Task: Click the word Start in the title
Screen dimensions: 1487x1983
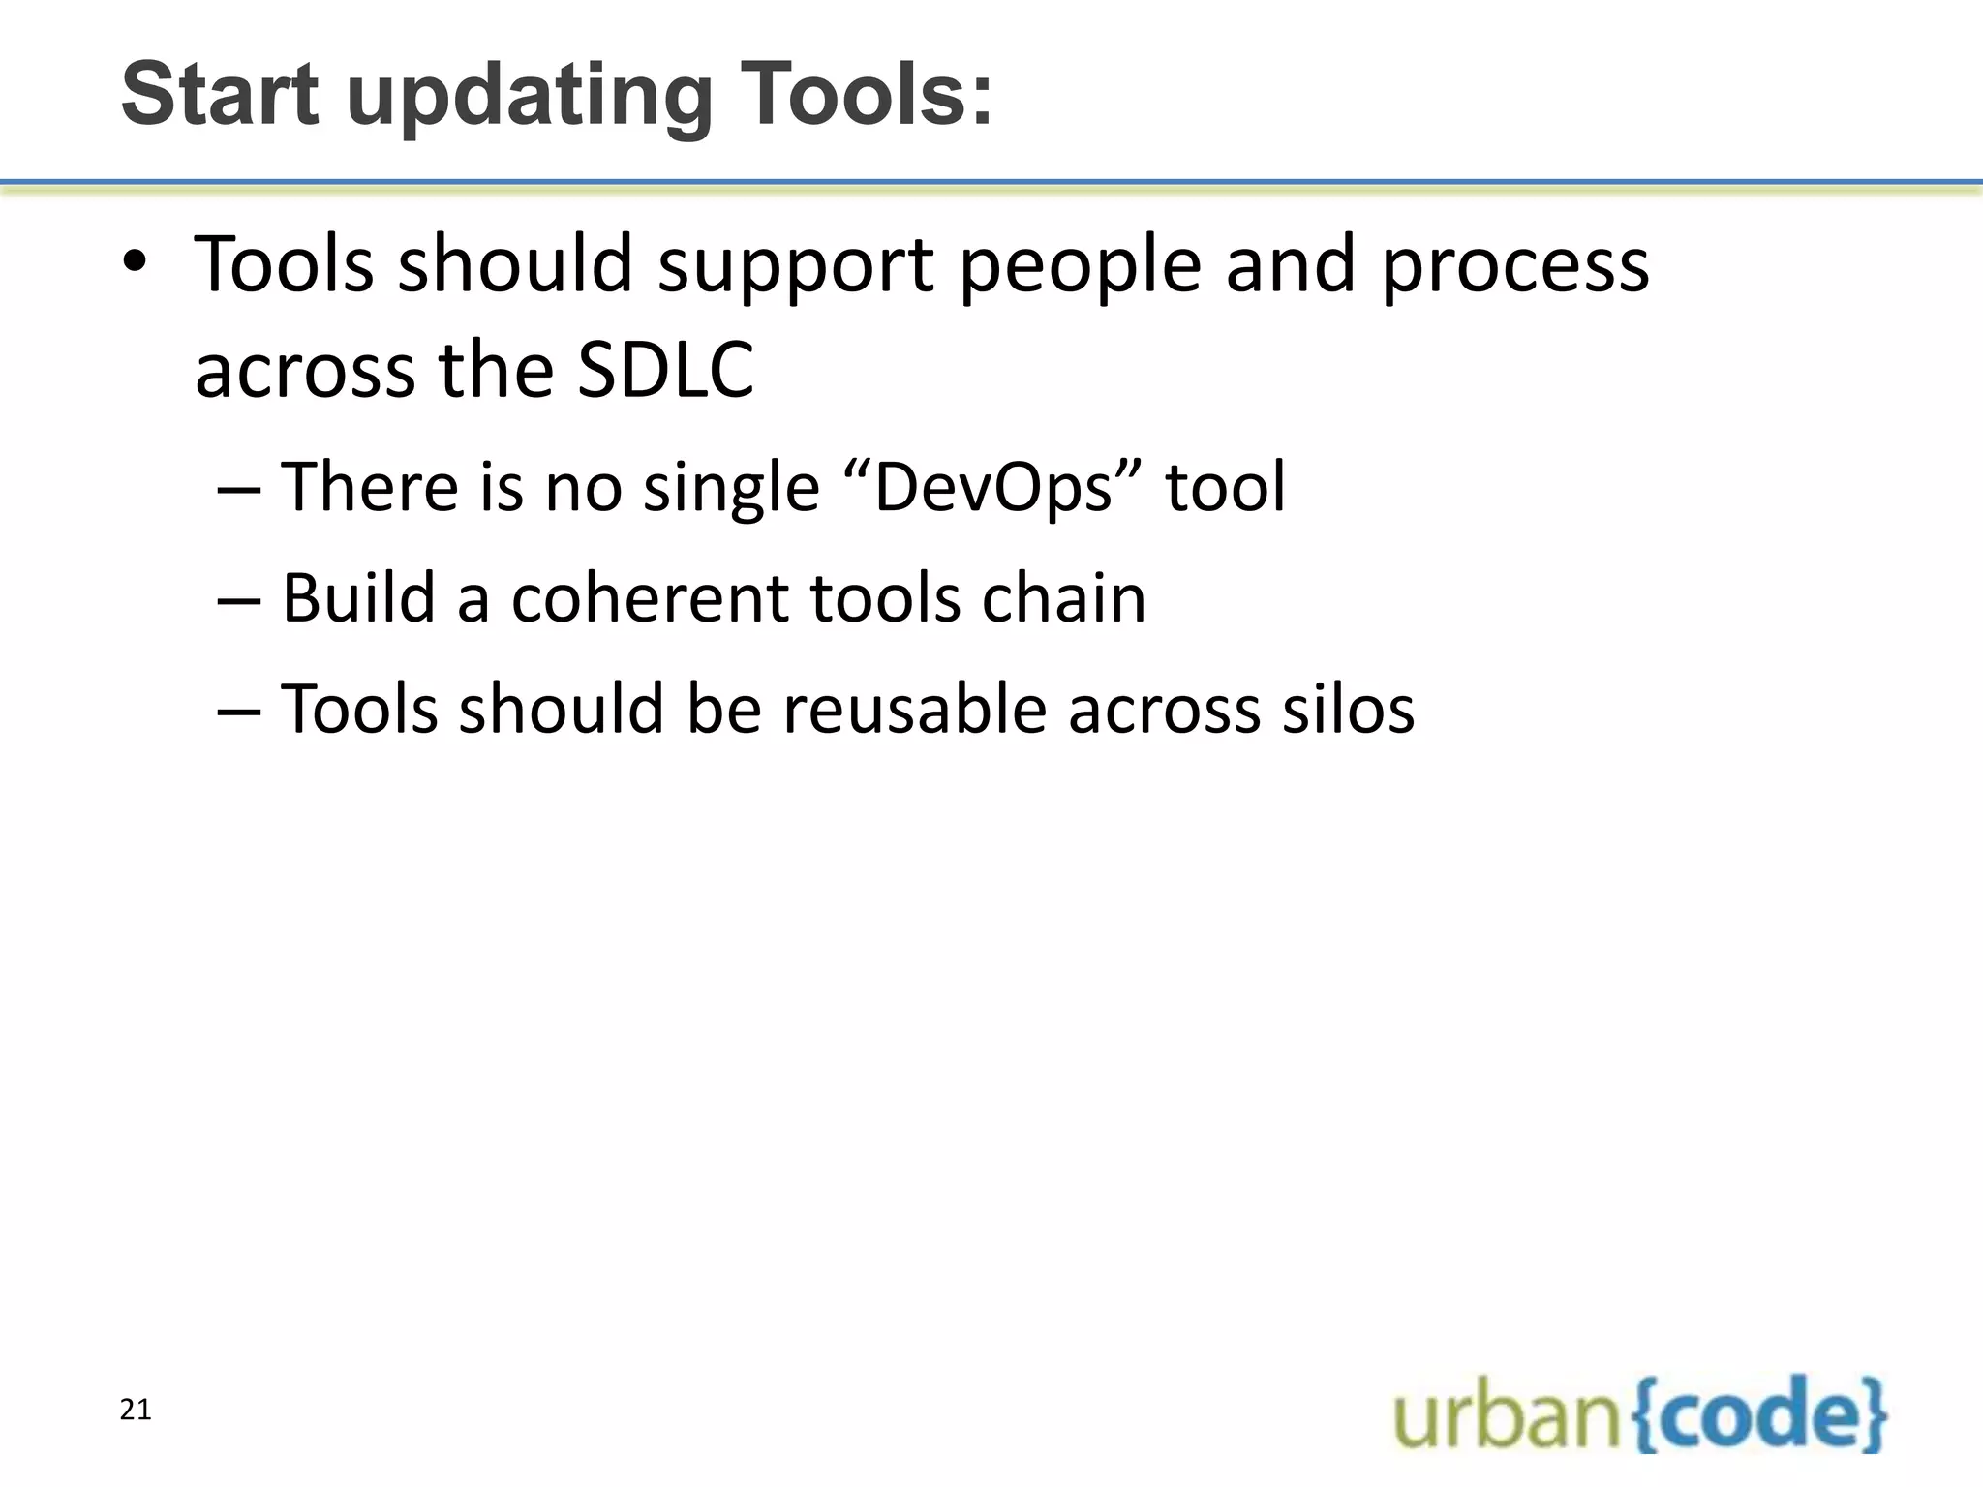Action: point(220,95)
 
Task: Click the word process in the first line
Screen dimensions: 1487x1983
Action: point(1513,267)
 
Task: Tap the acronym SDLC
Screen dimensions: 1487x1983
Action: point(665,371)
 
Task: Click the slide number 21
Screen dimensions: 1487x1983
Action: point(136,1411)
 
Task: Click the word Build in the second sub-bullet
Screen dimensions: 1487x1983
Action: point(358,598)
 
